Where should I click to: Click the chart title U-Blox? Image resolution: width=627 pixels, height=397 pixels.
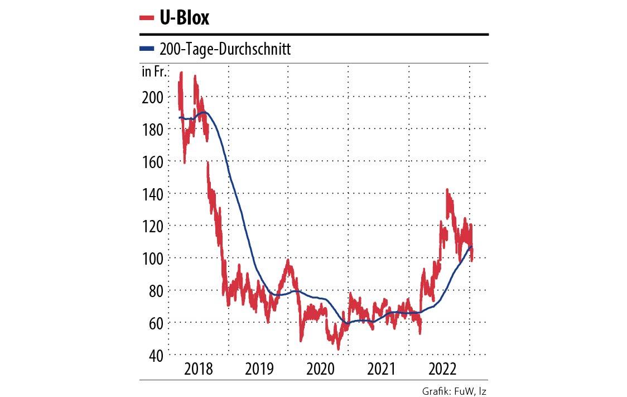(184, 18)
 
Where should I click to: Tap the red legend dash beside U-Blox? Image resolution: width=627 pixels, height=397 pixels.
(147, 18)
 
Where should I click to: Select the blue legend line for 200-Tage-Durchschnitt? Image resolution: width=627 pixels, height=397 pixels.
(147, 49)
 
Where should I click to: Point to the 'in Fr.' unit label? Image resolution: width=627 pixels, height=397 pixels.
(153, 71)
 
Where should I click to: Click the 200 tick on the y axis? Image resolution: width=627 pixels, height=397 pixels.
(152, 97)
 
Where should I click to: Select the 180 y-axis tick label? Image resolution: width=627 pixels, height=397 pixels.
(152, 130)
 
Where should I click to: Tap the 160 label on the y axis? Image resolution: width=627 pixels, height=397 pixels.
(152, 162)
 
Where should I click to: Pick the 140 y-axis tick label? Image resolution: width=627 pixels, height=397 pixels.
(152, 194)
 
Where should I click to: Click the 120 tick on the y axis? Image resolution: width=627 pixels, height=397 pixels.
(152, 226)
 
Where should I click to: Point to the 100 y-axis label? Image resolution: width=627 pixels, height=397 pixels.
(152, 259)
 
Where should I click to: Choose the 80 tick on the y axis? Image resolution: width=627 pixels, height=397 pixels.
(155, 290)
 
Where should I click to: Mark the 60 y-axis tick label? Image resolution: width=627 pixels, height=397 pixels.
(155, 323)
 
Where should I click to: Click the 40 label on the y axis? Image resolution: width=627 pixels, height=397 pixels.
(155, 355)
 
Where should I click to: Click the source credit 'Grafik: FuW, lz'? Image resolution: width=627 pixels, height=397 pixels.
(455, 391)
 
